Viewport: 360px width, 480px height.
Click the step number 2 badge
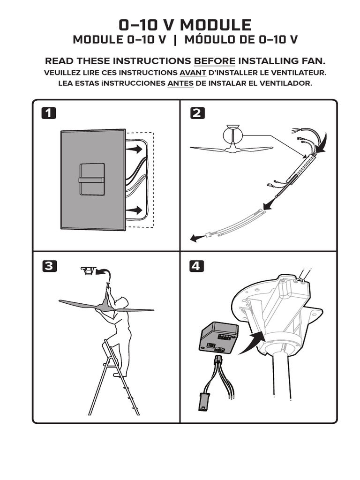197,113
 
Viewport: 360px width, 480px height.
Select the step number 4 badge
197,266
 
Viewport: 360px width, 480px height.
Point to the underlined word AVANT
193,73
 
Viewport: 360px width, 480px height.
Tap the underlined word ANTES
180,83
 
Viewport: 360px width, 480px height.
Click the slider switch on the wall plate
92,180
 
